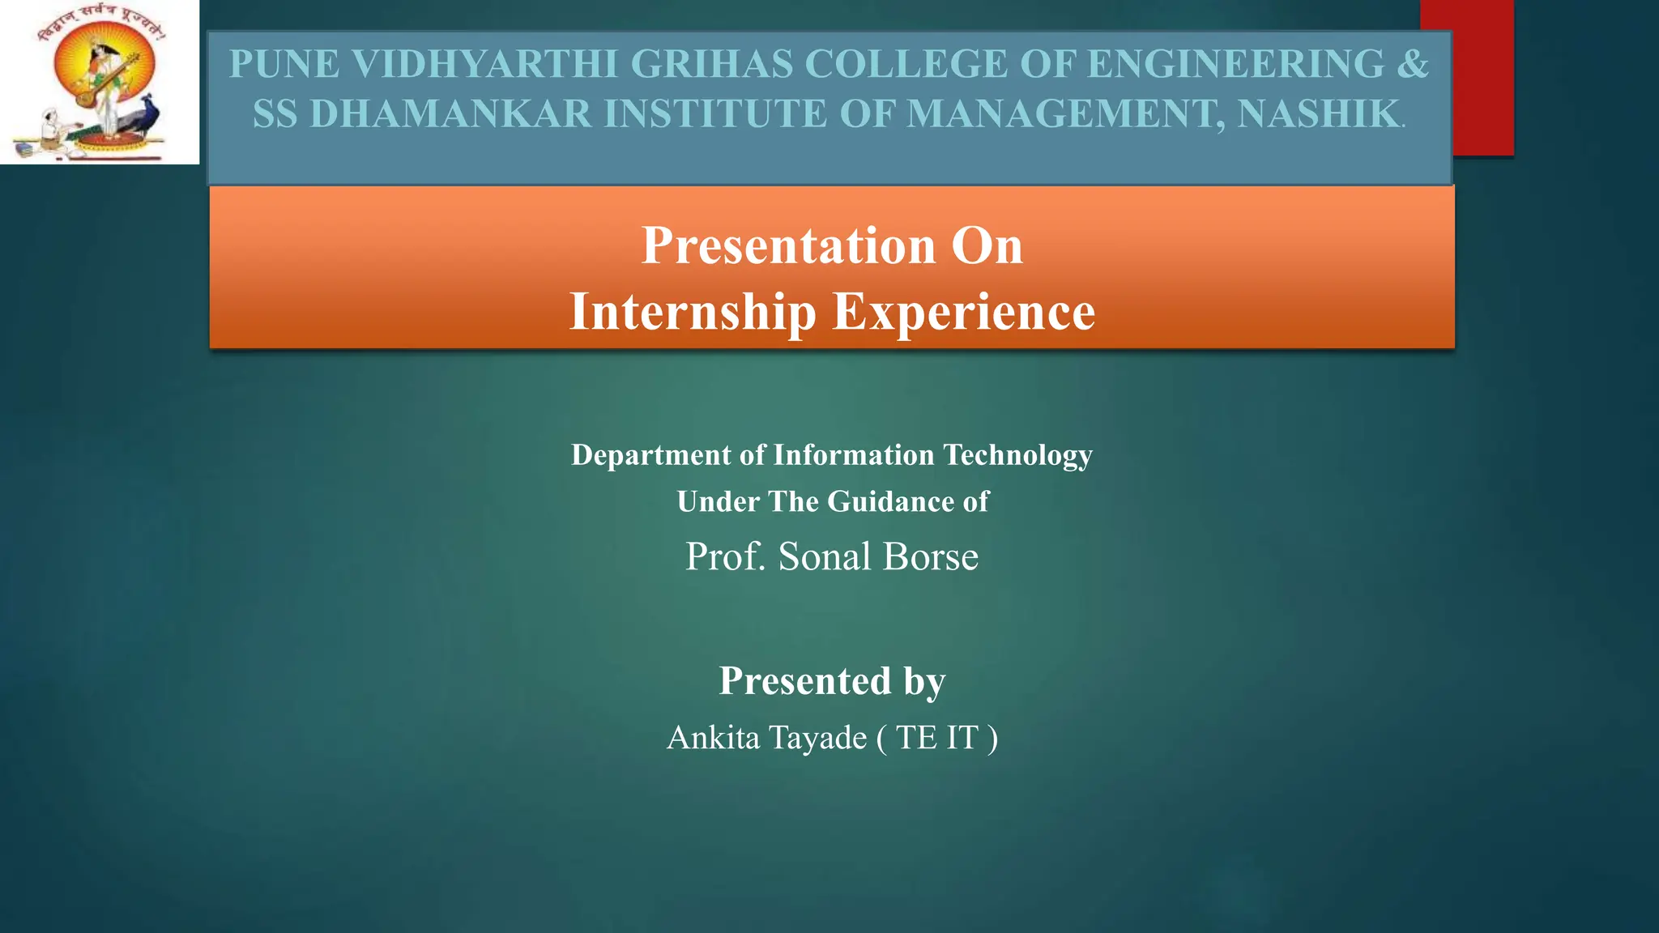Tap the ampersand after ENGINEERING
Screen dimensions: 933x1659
point(1413,65)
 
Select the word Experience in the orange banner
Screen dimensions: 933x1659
point(964,313)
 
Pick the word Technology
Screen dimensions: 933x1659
point(1017,455)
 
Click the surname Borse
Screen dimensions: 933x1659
point(931,557)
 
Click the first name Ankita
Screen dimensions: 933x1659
point(713,738)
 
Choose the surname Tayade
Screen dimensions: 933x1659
point(817,738)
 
